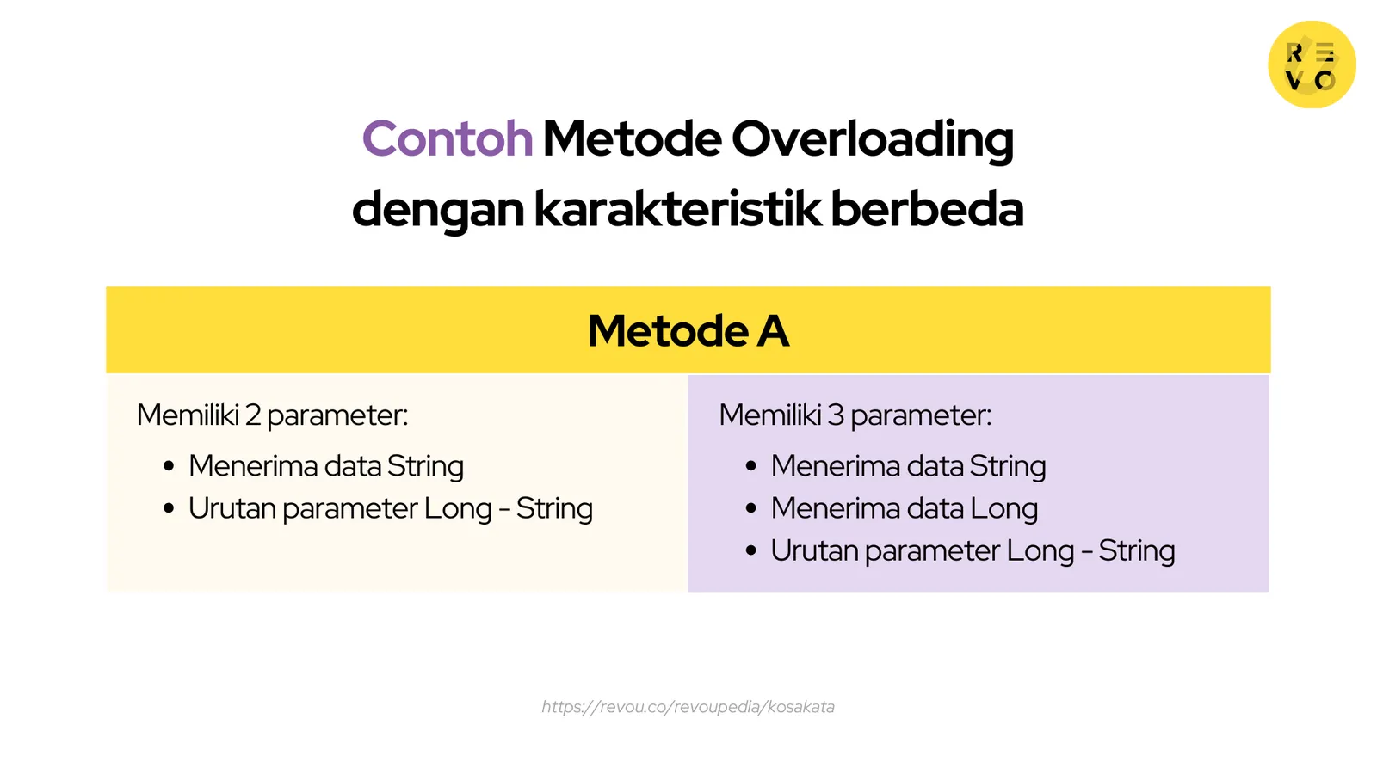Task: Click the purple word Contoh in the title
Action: [x=448, y=138]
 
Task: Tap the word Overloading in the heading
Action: [x=873, y=138]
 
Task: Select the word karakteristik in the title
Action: [x=677, y=209]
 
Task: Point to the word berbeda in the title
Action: [x=927, y=209]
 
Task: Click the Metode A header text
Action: [x=688, y=330]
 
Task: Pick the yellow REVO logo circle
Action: [x=1312, y=65]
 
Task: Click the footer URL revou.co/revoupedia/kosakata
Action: [x=688, y=707]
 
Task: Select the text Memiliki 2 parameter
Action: [x=272, y=415]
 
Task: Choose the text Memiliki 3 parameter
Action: [x=855, y=415]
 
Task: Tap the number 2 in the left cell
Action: [x=252, y=415]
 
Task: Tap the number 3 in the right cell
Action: [x=835, y=415]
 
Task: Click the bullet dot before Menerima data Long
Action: [x=751, y=508]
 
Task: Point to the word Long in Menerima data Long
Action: [x=1003, y=509]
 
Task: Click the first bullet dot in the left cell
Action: [x=169, y=466]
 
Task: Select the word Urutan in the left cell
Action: [x=232, y=508]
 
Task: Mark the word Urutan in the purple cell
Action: [x=813, y=550]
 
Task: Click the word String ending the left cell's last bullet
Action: [x=554, y=509]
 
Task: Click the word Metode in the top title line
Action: [x=632, y=138]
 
